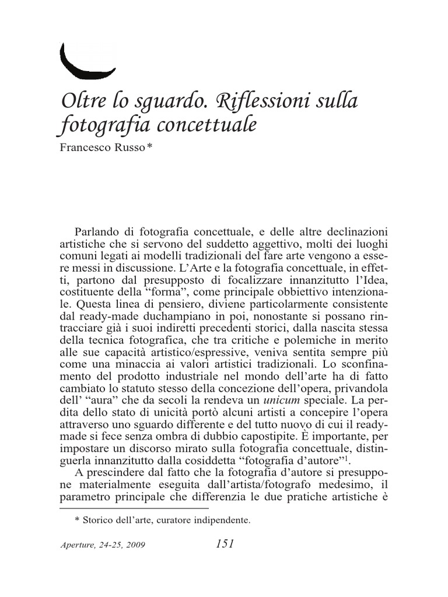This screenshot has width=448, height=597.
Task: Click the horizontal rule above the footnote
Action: click(x=134, y=509)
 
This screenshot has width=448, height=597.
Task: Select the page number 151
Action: click(x=225, y=544)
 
